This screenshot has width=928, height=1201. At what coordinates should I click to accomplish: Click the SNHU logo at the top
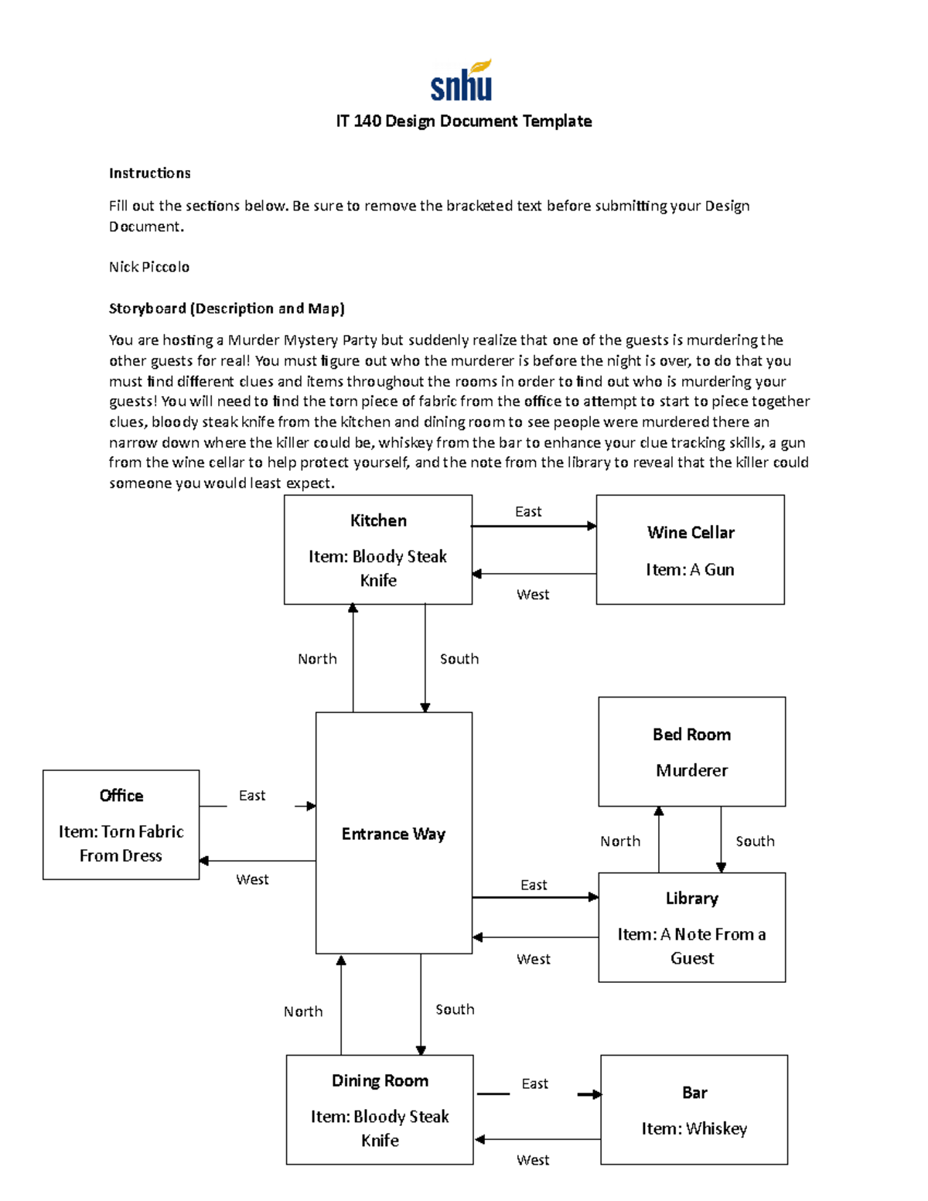coord(462,81)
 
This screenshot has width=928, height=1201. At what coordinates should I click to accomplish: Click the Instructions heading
coord(149,173)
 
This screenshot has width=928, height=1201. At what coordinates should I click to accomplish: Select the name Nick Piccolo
coord(149,267)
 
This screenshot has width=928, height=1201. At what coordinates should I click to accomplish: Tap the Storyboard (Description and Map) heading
coord(227,309)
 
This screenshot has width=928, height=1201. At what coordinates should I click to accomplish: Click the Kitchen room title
coord(378,520)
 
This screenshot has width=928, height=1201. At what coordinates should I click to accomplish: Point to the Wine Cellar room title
coord(691,532)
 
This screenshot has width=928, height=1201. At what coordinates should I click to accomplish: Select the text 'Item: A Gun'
coord(690,569)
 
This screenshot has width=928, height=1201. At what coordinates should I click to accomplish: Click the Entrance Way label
coord(394,834)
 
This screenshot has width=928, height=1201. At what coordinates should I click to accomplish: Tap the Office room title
coord(121,795)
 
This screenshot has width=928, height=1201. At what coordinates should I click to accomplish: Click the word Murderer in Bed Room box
coord(691,770)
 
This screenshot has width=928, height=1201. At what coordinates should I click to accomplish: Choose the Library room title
coord(692,898)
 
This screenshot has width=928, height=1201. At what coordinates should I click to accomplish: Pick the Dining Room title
coord(380,1080)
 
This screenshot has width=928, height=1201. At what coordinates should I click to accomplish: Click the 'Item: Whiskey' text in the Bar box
coord(694,1128)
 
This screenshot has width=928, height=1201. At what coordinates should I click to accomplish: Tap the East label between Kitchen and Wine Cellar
coord(528,511)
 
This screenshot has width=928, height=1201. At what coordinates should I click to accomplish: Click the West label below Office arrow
coord(252,879)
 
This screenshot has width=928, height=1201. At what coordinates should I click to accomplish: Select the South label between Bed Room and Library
coord(755,841)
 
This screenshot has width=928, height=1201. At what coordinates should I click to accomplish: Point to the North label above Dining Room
coord(303,1012)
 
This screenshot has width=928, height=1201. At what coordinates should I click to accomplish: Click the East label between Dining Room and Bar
coord(534,1083)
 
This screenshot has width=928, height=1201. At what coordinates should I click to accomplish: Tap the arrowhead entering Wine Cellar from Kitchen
coord(592,526)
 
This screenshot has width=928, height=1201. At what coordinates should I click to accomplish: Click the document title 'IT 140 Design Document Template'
coord(464,121)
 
